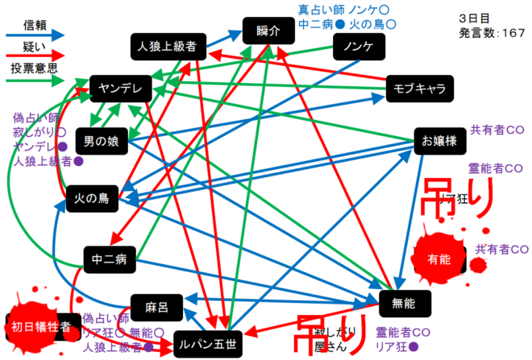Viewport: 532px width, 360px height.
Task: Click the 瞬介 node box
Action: [267, 31]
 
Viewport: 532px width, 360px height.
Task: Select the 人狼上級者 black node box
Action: [168, 47]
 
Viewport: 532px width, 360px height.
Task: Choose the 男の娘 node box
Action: [102, 142]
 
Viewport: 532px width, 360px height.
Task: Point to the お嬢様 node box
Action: [439, 141]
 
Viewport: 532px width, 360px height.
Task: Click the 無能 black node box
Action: [405, 304]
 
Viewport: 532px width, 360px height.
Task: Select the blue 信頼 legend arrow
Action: [35, 35]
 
